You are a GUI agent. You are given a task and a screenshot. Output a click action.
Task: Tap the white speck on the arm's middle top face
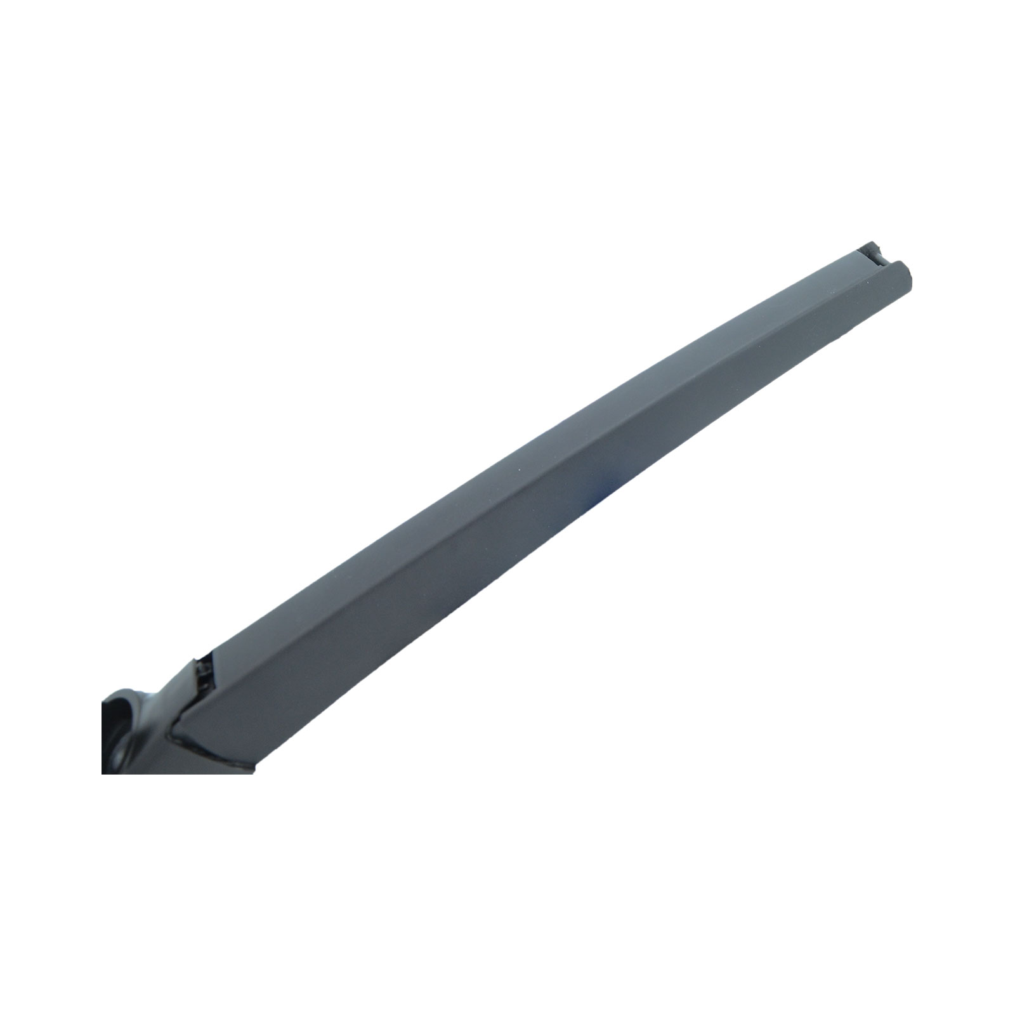pos(520,469)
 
